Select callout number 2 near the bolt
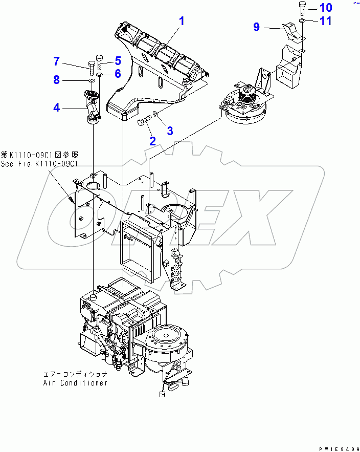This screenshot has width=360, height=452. pos(152,141)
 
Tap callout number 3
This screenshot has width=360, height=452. pos(170,131)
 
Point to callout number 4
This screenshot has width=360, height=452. pos(57,107)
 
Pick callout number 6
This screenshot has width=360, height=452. pos(117,74)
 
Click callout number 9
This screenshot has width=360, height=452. pos(257,27)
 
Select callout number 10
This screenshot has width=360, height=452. pos(326,8)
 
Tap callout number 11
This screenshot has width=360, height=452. pos(326,21)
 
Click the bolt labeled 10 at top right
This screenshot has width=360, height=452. pos(302,9)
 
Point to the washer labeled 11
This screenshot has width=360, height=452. pos(302,20)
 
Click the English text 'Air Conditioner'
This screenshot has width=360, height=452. pos(75,383)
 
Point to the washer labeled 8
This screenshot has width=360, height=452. pos(91,81)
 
